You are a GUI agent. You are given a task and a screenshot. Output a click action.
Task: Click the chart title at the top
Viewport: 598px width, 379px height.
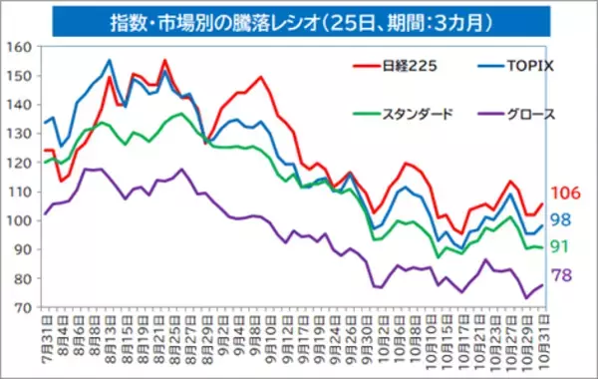(299, 20)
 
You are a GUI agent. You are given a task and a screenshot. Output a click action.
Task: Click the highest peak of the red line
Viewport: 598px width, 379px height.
(164, 61)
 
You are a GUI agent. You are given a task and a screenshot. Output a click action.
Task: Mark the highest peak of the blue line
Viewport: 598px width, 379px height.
(109, 60)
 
